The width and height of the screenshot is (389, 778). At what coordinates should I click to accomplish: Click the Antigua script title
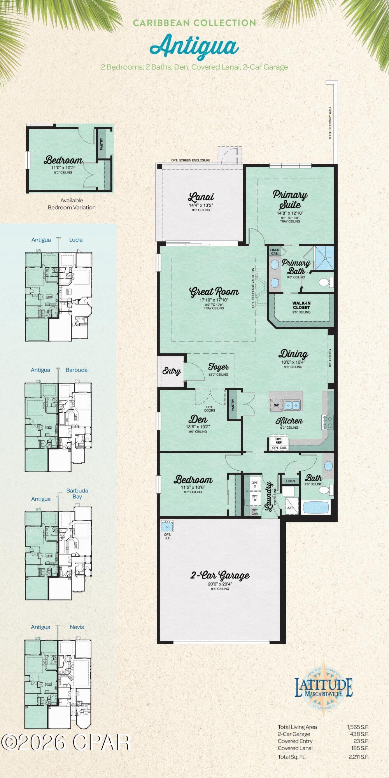click(194, 46)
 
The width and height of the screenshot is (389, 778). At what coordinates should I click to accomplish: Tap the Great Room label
click(214, 292)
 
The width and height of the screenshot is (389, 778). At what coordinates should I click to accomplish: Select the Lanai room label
click(201, 197)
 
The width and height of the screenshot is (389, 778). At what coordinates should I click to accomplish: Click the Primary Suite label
click(290, 199)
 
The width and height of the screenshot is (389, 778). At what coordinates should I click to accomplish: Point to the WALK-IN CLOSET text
click(301, 305)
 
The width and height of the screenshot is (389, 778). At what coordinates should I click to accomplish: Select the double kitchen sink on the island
click(292, 405)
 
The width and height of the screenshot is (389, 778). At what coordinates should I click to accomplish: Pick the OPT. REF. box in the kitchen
click(279, 441)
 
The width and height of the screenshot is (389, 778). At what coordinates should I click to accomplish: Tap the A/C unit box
click(290, 508)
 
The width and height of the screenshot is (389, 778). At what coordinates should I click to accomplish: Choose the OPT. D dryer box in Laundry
click(255, 485)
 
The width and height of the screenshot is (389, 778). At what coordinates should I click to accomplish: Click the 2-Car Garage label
click(220, 575)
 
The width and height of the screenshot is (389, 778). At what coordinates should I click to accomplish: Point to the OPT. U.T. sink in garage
click(167, 527)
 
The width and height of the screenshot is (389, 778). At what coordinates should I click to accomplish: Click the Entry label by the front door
click(172, 371)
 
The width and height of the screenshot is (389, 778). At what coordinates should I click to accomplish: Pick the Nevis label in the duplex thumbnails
click(77, 627)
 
